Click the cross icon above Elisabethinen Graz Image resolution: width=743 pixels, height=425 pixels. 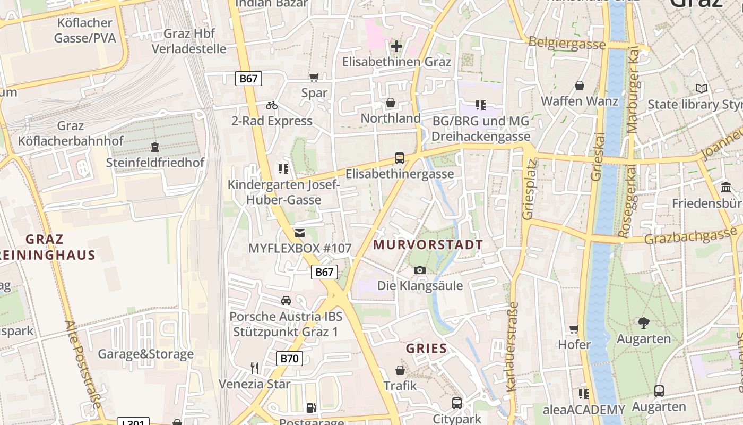pos(396,46)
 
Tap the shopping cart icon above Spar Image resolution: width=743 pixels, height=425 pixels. pos(314,78)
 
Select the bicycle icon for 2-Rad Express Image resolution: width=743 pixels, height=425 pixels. pos(272,105)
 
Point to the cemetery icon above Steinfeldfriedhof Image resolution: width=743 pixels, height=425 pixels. pos(154,147)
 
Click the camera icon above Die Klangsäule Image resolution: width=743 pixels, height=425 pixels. pos(420,270)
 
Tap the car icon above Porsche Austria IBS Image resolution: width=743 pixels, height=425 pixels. pos(286,301)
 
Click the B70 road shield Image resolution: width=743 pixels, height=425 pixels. pos(289,359)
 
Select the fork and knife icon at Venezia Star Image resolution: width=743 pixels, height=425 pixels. pos(255,368)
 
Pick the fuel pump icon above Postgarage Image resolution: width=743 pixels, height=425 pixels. pos(312,408)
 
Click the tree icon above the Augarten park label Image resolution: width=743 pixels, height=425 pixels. pos(644,322)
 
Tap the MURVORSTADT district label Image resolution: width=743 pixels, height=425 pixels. pos(428,245)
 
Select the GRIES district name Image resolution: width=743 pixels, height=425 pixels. pos(426,349)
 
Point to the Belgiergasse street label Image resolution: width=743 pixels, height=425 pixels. pos(566,44)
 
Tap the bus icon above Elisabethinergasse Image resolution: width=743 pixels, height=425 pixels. pos(399,158)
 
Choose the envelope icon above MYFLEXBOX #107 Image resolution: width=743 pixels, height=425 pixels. pos(300,233)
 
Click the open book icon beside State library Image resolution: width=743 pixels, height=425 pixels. pos(702,89)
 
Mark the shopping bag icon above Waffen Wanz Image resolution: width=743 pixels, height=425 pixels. pos(579,86)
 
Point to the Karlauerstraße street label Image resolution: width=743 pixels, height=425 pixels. pos(513,347)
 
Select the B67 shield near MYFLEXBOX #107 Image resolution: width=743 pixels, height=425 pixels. pos(324,272)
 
